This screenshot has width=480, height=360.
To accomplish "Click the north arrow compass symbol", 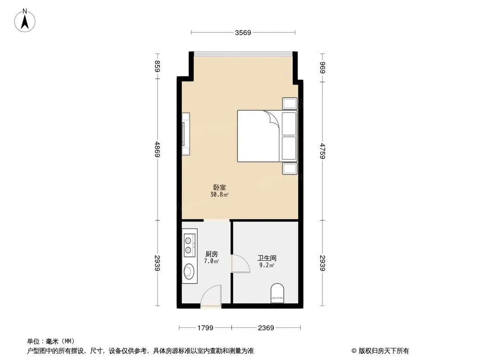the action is (25, 21).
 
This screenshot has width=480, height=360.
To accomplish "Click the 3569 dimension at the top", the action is (243, 32).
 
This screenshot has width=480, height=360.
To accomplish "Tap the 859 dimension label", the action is (157, 66).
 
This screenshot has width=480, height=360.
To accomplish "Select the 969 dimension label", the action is (322, 67).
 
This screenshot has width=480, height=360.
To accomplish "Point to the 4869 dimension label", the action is (157, 149).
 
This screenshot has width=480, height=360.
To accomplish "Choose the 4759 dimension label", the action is (322, 151).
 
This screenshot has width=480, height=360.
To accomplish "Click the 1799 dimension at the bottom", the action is (205, 328).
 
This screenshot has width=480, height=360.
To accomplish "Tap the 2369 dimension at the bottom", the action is (266, 328).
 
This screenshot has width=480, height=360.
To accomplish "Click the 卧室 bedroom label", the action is (219, 187).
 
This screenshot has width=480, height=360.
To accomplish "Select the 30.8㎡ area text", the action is (219, 194).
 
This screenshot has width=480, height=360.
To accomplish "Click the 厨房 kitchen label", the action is (212, 254).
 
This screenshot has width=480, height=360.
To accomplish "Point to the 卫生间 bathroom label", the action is (267, 258).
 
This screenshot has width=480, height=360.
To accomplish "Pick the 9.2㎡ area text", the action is (267, 265).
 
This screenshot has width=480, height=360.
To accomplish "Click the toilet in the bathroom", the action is (277, 293).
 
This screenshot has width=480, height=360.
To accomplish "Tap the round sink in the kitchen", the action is (188, 271).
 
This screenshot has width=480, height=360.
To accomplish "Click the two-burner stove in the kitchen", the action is (190, 245).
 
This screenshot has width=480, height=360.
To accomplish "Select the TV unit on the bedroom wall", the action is (186, 134).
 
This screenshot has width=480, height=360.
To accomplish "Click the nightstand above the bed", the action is (290, 103).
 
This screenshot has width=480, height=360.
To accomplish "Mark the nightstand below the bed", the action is (290, 169).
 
